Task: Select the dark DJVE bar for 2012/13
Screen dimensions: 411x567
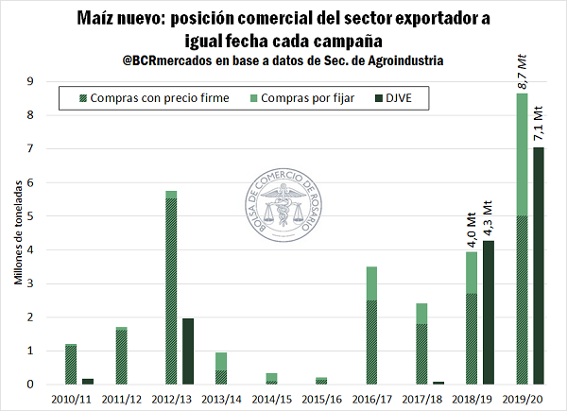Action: click(187, 351)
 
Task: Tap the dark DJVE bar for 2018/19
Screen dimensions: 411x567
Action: click(490, 313)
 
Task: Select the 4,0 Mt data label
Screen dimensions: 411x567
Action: click(472, 232)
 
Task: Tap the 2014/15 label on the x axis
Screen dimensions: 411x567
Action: click(271, 397)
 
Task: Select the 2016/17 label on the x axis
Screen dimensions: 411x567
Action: click(373, 397)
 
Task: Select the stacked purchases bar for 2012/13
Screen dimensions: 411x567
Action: click(171, 288)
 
